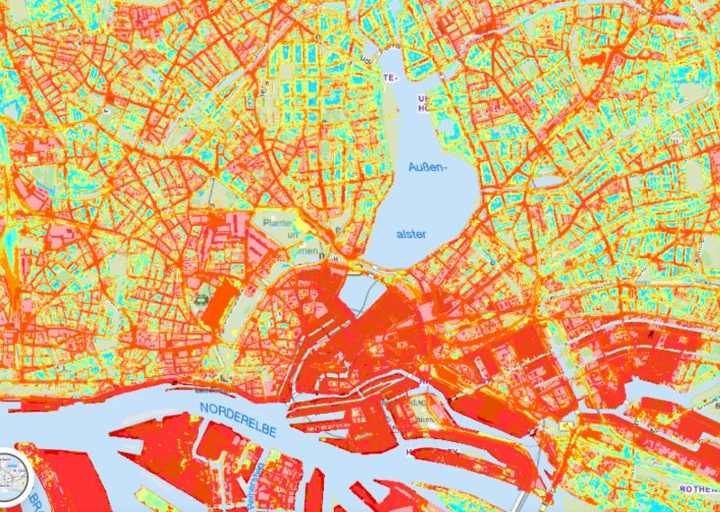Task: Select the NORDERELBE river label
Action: (x=237, y=420)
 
